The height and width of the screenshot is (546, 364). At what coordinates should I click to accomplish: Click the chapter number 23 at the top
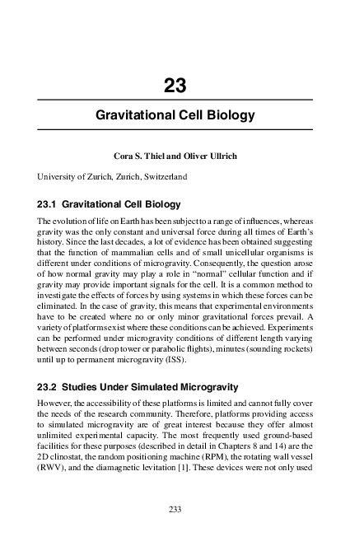tap(175, 86)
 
